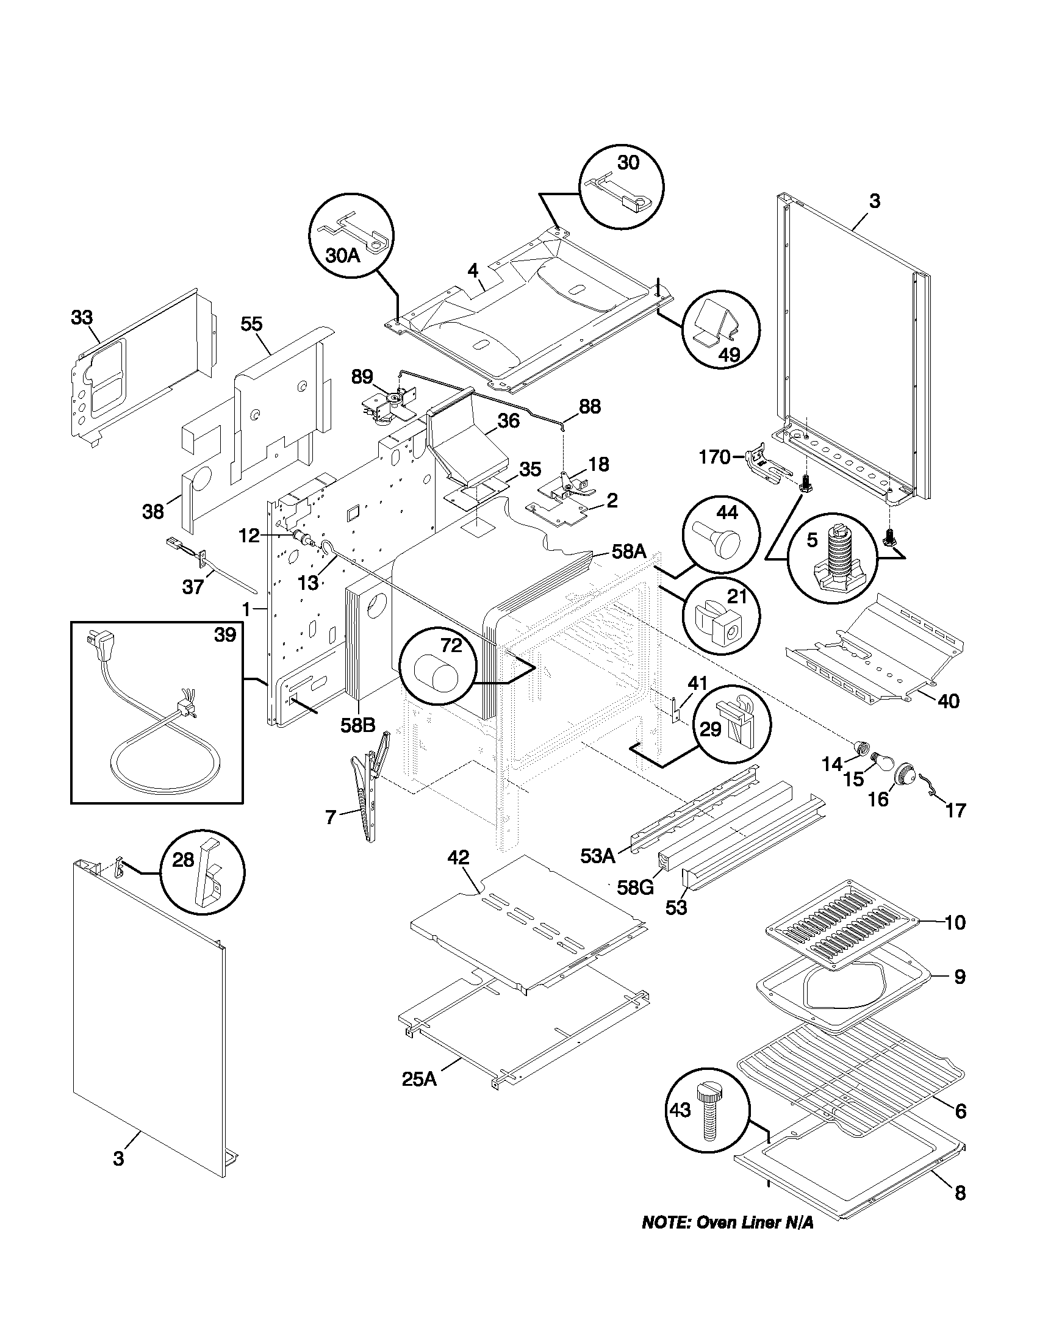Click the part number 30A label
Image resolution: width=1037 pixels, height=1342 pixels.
[342, 255]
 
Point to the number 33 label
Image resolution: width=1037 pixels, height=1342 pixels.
[82, 317]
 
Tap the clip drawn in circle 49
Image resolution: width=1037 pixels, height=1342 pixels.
[715, 323]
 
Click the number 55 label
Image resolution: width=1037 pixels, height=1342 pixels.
[251, 324]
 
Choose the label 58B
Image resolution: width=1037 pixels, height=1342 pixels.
[357, 725]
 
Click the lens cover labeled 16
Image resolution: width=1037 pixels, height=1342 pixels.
[902, 772]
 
